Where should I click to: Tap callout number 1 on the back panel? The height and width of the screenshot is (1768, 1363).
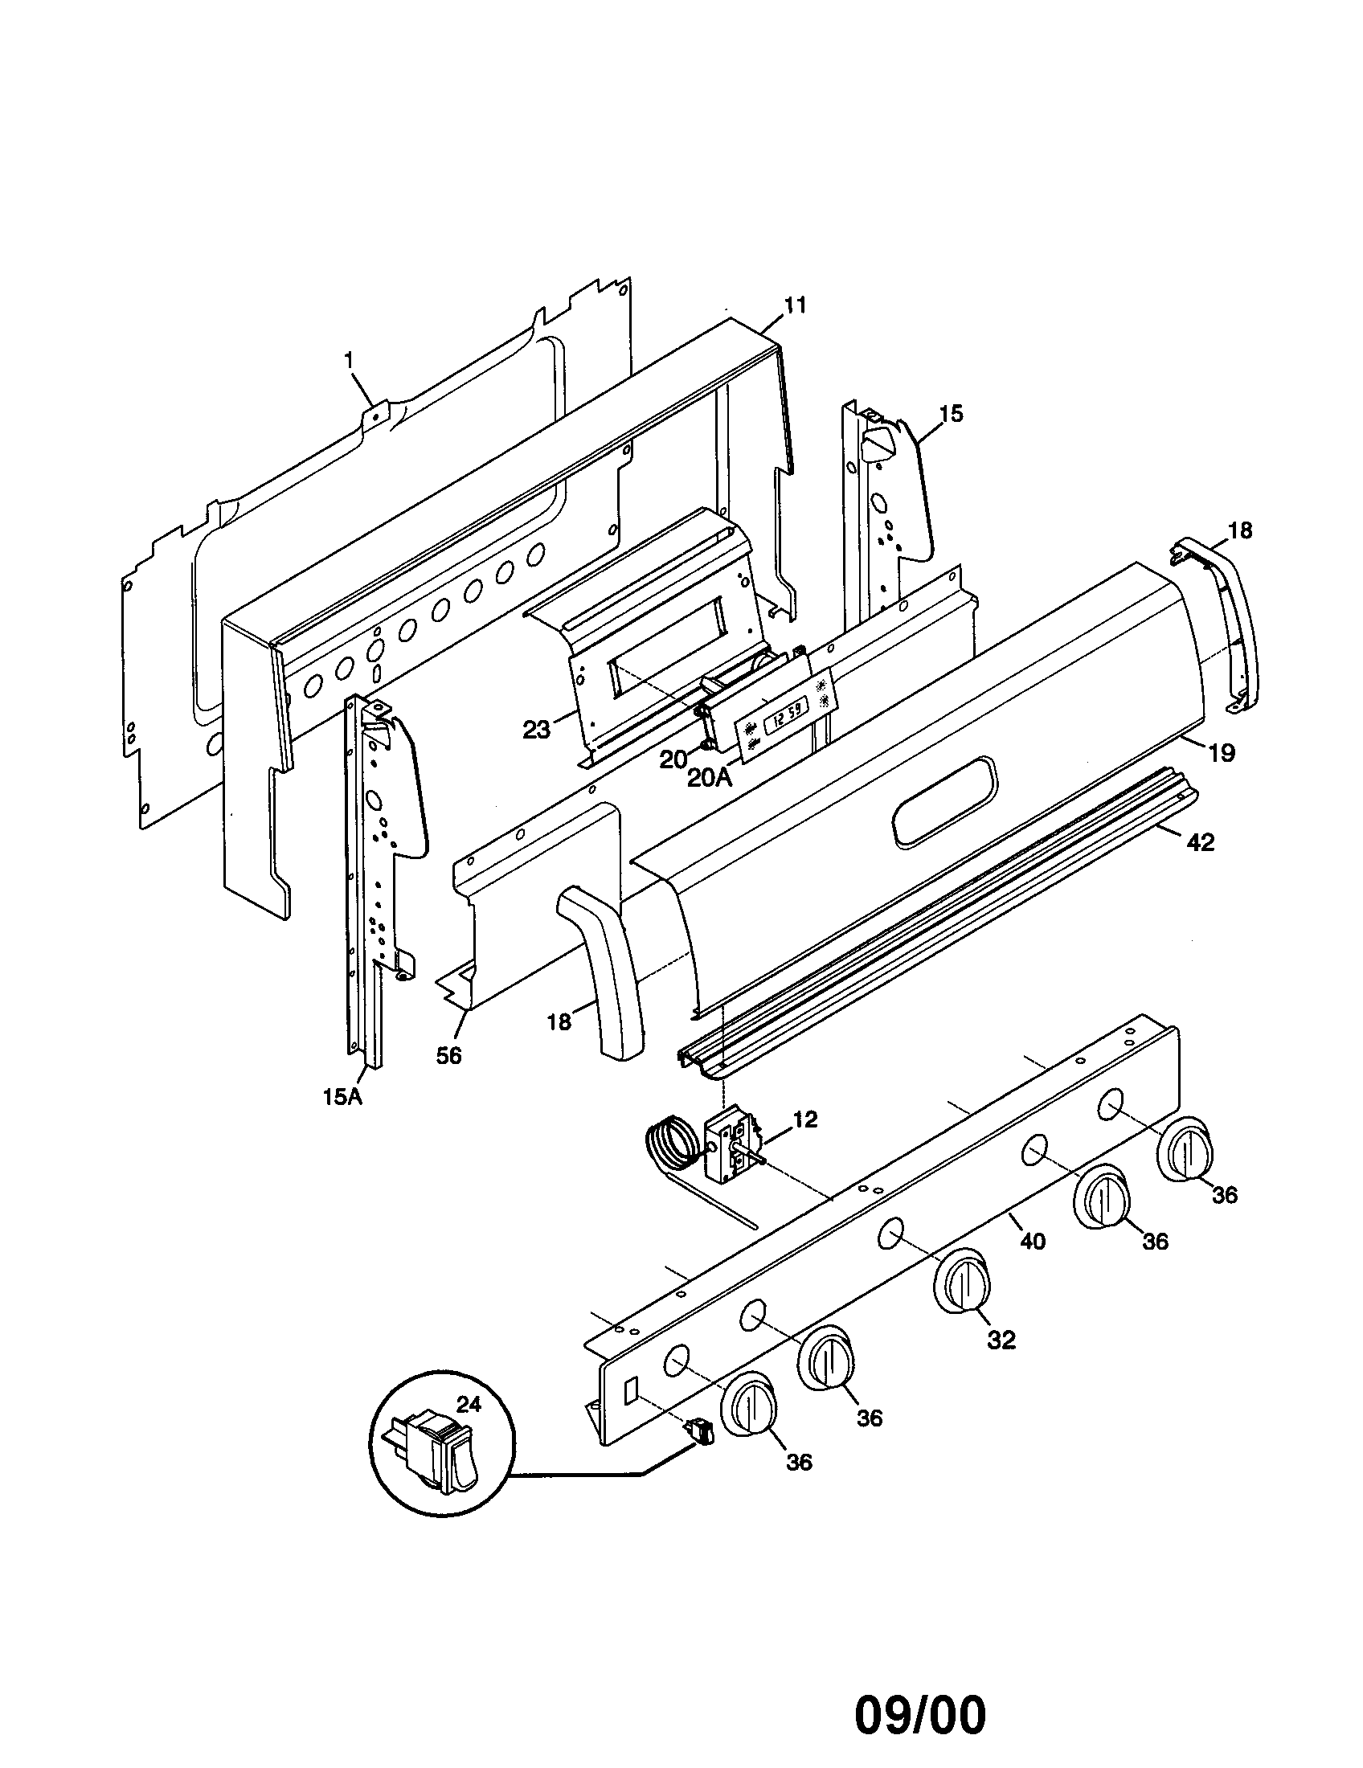click(x=350, y=361)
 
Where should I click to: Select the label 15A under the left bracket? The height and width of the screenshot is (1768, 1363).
click(x=342, y=1097)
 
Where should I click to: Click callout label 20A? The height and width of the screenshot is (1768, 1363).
click(x=709, y=778)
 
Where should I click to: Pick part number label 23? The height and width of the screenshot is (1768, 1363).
click(x=536, y=730)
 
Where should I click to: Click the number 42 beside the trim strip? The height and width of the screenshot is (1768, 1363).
click(x=1201, y=842)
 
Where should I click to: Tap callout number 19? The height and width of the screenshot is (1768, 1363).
click(x=1222, y=753)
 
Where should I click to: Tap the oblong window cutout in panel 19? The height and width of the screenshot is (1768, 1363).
click(x=944, y=803)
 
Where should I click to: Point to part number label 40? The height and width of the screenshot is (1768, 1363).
click(x=1032, y=1240)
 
